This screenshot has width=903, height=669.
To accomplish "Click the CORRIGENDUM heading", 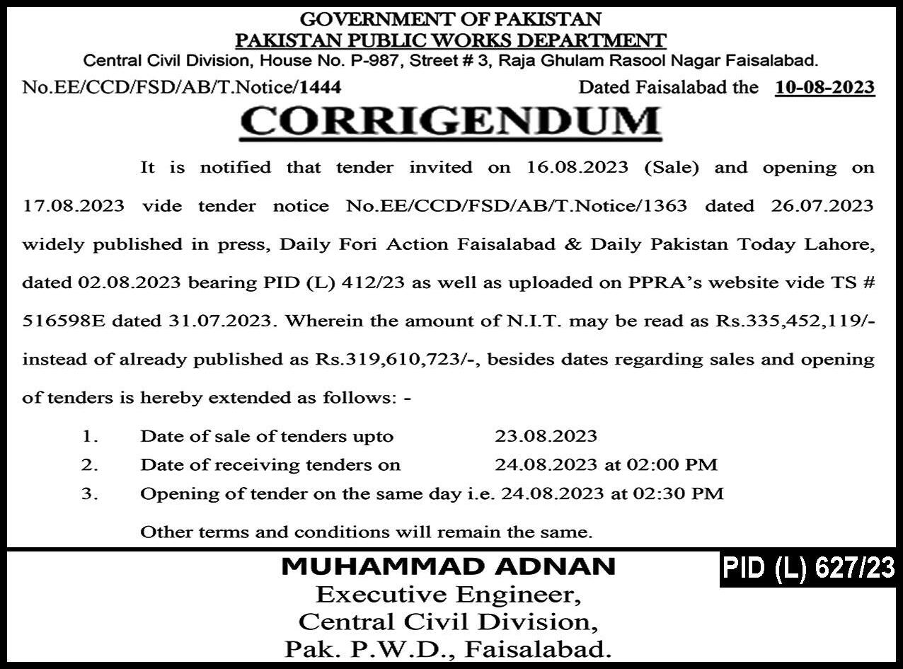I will (451, 122).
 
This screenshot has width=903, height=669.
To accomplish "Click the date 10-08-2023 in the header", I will (824, 88).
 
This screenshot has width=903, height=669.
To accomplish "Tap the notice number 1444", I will (321, 88).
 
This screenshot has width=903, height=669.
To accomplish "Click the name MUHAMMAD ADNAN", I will (449, 566).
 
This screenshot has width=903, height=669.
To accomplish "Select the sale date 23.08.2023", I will (546, 436).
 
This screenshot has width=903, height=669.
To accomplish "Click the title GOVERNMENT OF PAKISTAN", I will (451, 19).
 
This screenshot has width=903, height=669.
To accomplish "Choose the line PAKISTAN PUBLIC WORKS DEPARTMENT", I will (451, 41).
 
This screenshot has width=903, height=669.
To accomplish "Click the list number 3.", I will (89, 493).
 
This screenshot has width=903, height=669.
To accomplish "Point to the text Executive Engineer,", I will (449, 595).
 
